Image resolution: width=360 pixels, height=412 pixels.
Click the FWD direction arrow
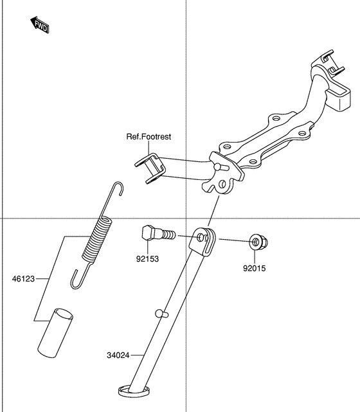(40, 25)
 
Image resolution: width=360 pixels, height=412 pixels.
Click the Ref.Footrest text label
(148, 136)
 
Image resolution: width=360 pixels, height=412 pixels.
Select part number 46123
(23, 279)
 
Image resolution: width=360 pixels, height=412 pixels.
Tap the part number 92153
(147, 259)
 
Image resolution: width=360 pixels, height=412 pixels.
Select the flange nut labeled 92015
(258, 243)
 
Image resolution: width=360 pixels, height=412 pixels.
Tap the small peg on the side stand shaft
(161, 314)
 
